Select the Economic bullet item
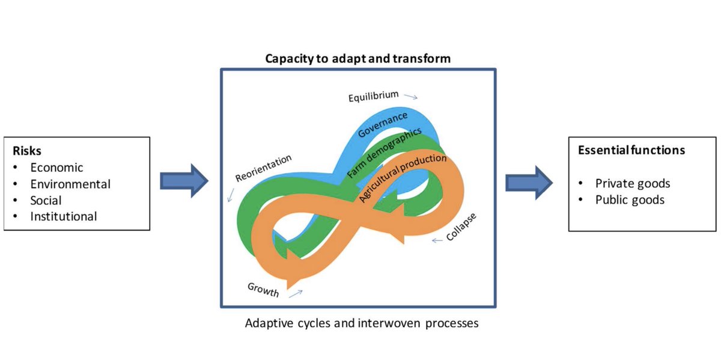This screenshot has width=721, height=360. (x=56, y=168)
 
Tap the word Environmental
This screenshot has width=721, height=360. (x=70, y=184)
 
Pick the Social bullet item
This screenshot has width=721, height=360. (x=46, y=200)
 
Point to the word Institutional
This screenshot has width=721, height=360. (x=64, y=216)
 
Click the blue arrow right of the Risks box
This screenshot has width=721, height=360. (x=184, y=182)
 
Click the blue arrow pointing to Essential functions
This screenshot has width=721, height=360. (x=529, y=182)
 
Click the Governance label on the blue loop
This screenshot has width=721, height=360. (x=383, y=124)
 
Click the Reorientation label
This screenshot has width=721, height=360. (x=263, y=168)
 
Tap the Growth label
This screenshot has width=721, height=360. (x=263, y=290)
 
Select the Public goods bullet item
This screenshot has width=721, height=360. (x=630, y=200)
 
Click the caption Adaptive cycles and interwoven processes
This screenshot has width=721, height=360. (x=362, y=323)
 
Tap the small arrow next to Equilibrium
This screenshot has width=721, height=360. (x=411, y=96)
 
